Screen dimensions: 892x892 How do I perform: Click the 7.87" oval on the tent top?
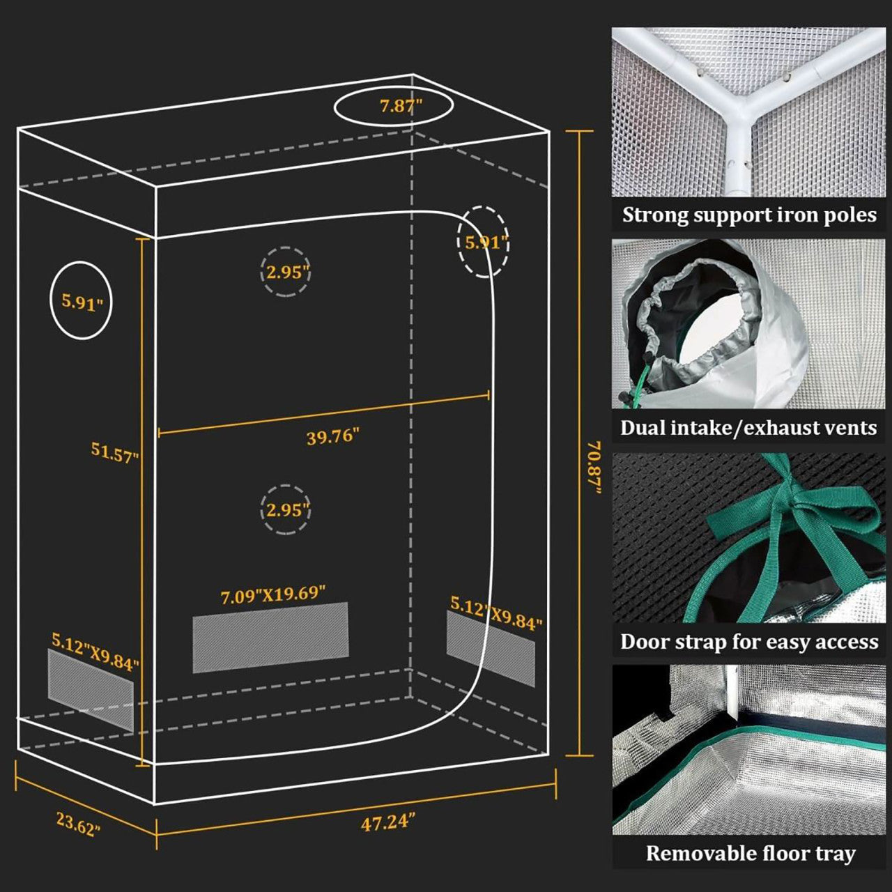coord(394,107)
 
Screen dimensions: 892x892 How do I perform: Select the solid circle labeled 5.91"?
coord(82,300)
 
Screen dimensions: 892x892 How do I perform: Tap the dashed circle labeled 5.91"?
coord(483,242)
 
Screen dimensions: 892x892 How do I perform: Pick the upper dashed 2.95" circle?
coord(286,272)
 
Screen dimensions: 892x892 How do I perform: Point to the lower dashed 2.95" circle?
coord(286,509)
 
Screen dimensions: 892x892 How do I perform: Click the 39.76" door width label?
coord(332,437)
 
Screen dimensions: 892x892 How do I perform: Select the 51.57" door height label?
coord(115,452)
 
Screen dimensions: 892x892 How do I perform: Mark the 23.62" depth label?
coord(78,824)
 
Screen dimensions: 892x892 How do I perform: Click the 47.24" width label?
coord(388,822)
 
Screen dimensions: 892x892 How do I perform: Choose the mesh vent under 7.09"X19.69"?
coord(270,638)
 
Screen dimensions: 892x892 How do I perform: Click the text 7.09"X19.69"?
coord(273,595)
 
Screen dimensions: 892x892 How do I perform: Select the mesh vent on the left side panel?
coord(90,690)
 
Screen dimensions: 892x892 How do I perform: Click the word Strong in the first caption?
coord(652,215)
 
